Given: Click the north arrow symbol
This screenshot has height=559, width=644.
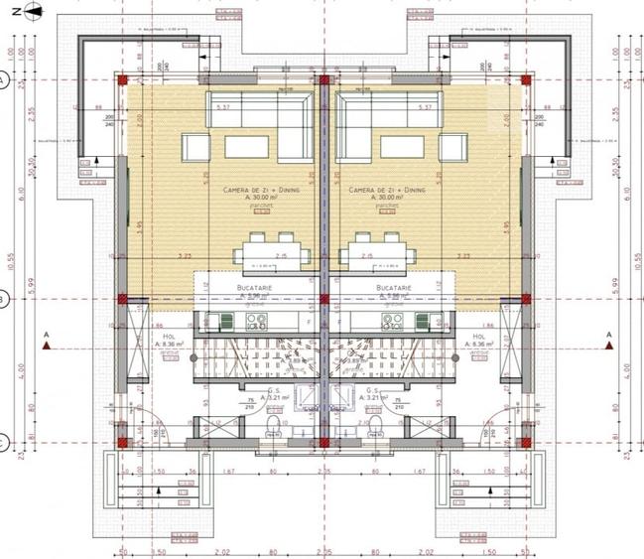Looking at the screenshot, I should (30, 11).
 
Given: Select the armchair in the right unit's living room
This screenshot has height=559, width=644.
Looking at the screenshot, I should (451, 148).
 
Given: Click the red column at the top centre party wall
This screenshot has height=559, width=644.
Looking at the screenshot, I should (322, 80).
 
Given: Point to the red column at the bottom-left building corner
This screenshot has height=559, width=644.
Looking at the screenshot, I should (123, 441).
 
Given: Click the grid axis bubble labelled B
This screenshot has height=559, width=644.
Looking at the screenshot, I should (5, 297).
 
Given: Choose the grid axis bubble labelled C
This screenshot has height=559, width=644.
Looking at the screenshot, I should (5, 442).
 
